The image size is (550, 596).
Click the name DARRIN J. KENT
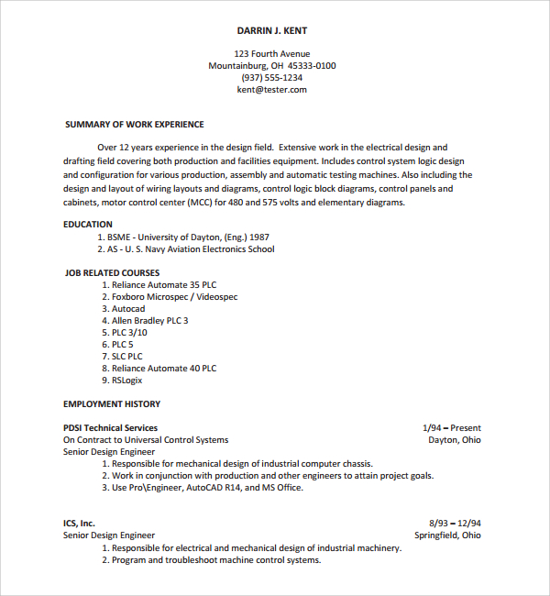click(x=272, y=30)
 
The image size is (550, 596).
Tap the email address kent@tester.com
click(x=272, y=90)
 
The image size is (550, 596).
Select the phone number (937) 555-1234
click(x=272, y=78)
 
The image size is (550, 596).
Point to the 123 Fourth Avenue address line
click(x=272, y=54)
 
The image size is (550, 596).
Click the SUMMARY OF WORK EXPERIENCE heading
click(x=135, y=125)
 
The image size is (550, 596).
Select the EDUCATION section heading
click(x=88, y=225)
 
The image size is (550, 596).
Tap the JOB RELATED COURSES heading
click(x=112, y=273)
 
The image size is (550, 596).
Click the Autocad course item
click(x=128, y=309)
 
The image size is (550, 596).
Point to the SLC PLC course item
click(x=127, y=357)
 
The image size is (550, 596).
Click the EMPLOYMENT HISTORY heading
click(x=112, y=404)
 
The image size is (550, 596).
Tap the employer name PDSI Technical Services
click(x=110, y=428)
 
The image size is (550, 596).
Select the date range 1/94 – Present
click(x=451, y=428)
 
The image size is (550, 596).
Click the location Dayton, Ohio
click(x=454, y=440)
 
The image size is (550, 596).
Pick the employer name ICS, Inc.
click(x=79, y=524)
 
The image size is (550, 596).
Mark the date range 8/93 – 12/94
click(x=455, y=524)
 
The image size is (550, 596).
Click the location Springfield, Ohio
click(x=447, y=535)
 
